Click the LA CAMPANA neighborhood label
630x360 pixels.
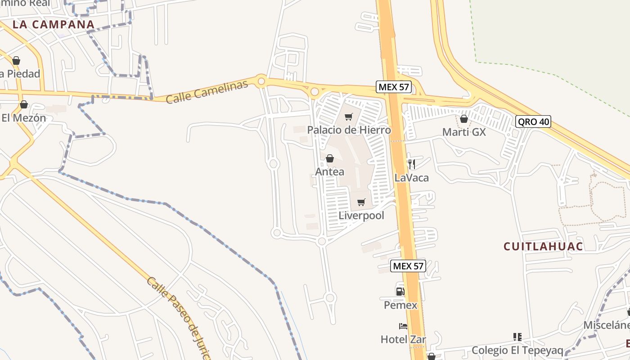(x=54, y=24)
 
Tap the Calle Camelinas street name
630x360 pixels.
(x=207, y=92)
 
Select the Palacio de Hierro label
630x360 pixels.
(x=349, y=130)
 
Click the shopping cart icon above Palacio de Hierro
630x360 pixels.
(x=348, y=117)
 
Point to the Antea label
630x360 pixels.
(x=330, y=171)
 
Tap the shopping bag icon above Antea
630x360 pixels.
(x=330, y=158)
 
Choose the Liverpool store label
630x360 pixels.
(x=361, y=216)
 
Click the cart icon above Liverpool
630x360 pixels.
(x=361, y=202)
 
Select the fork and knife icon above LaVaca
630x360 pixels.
(x=411, y=164)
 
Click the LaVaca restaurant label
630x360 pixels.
(x=411, y=178)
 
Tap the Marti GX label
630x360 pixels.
(x=464, y=132)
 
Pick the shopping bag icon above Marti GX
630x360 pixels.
(x=464, y=119)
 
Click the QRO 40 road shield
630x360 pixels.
(x=533, y=121)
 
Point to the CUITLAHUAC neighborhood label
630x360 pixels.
(x=543, y=247)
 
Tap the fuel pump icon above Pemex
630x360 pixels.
(x=400, y=292)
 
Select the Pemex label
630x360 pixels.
(x=400, y=305)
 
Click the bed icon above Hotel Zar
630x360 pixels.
(x=403, y=326)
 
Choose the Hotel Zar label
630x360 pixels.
(x=403, y=339)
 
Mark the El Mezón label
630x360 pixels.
(x=24, y=118)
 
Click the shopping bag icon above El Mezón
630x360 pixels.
(x=24, y=105)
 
